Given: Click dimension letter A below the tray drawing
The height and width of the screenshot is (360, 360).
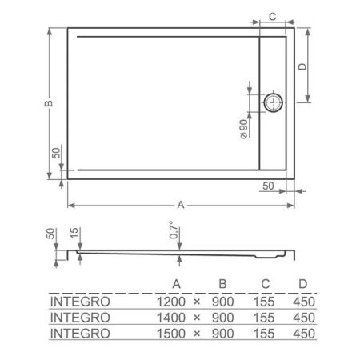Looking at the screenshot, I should (x=181, y=205).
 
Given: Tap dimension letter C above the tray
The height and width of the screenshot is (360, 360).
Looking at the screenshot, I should (x=272, y=16).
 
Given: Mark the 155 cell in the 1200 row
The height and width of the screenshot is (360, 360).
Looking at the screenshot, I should (x=262, y=302).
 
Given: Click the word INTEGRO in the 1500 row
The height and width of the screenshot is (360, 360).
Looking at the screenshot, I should (x=78, y=332).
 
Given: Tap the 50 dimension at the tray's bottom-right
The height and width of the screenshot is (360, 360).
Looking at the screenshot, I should (x=268, y=186).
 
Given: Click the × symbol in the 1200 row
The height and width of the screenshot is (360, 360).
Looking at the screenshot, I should (x=197, y=302).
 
